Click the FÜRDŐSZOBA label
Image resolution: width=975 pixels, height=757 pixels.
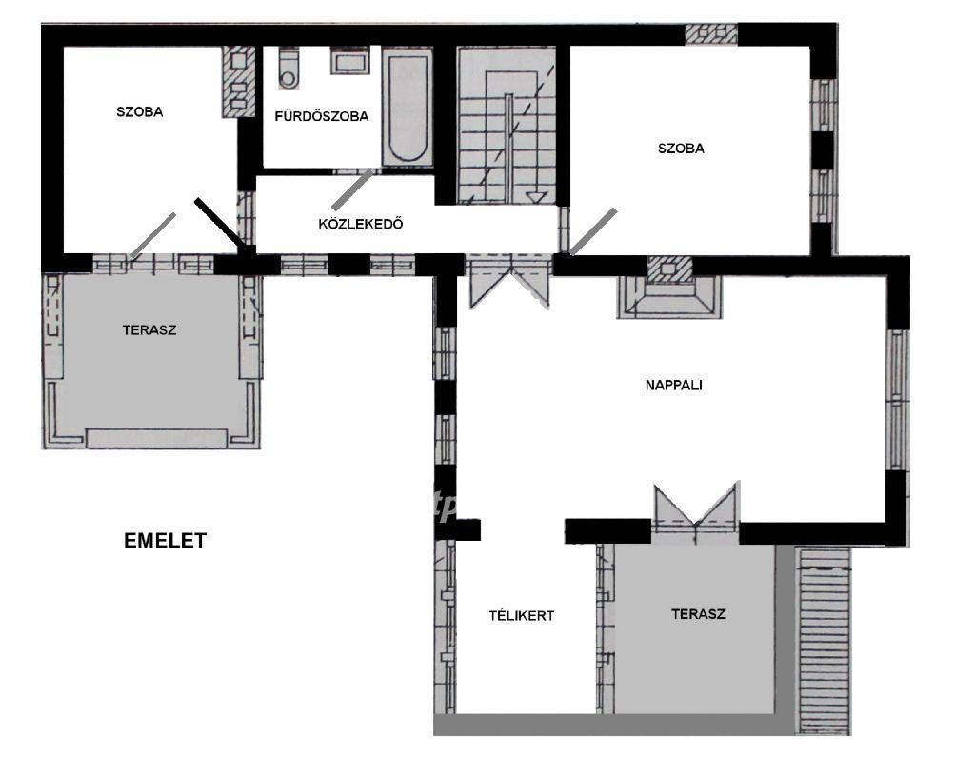[x=322, y=116]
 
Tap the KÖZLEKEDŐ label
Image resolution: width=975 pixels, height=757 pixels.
[x=361, y=224]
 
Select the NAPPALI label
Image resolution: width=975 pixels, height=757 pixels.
[x=674, y=385]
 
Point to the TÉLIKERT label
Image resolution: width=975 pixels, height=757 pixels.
[x=521, y=616]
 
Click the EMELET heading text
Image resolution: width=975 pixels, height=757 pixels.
[x=165, y=541]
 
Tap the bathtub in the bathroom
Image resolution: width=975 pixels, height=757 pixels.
[x=408, y=109]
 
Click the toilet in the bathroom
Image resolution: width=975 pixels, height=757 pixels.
[x=289, y=68]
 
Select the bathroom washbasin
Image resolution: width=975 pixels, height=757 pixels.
[x=350, y=60]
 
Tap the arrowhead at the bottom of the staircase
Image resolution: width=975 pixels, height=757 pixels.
[x=537, y=197]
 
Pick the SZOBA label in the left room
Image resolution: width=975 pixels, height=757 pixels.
[x=140, y=112]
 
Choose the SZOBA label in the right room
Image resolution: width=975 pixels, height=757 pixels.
[x=681, y=149]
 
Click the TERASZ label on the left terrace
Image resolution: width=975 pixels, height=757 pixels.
[x=149, y=330]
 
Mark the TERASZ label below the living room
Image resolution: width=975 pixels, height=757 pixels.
[x=698, y=614]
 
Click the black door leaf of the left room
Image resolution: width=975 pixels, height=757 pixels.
[x=220, y=224]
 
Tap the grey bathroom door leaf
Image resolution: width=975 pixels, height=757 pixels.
[x=353, y=189]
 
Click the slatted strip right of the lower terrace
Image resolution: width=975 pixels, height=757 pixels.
[x=824, y=640]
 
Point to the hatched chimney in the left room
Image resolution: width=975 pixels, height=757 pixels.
[x=239, y=82]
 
